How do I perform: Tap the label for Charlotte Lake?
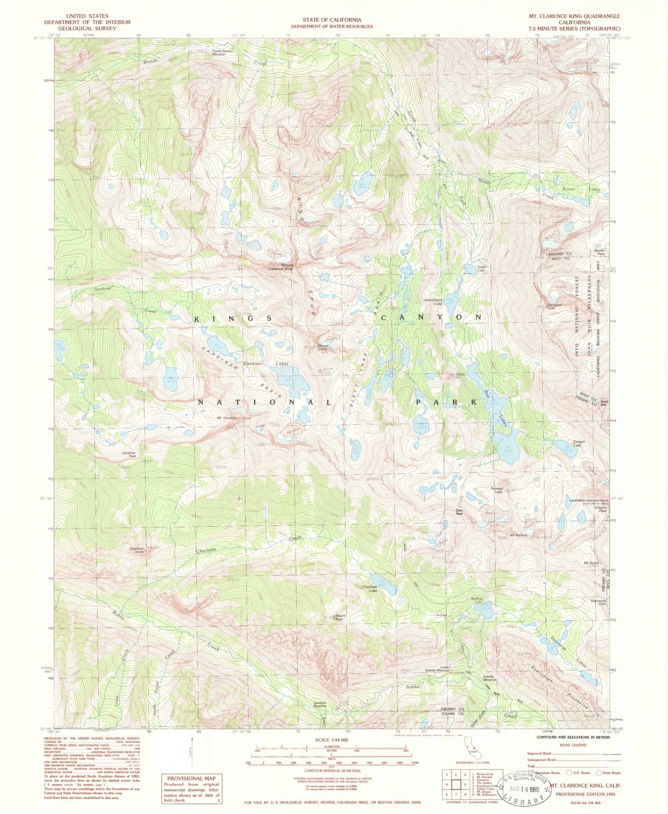click(370, 589)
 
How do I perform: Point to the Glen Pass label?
click(459, 512)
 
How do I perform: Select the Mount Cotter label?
click(323, 347)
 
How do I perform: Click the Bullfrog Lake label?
click(477, 600)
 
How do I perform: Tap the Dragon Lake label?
click(579, 444)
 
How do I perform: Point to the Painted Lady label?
click(497, 490)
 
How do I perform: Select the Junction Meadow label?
click(320, 705)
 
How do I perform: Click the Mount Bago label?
click(339, 618)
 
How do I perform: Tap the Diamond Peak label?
click(554, 306)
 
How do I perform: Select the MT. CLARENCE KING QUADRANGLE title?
click(574, 16)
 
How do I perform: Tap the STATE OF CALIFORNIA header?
click(332, 20)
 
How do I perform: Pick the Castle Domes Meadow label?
click(222, 52)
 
